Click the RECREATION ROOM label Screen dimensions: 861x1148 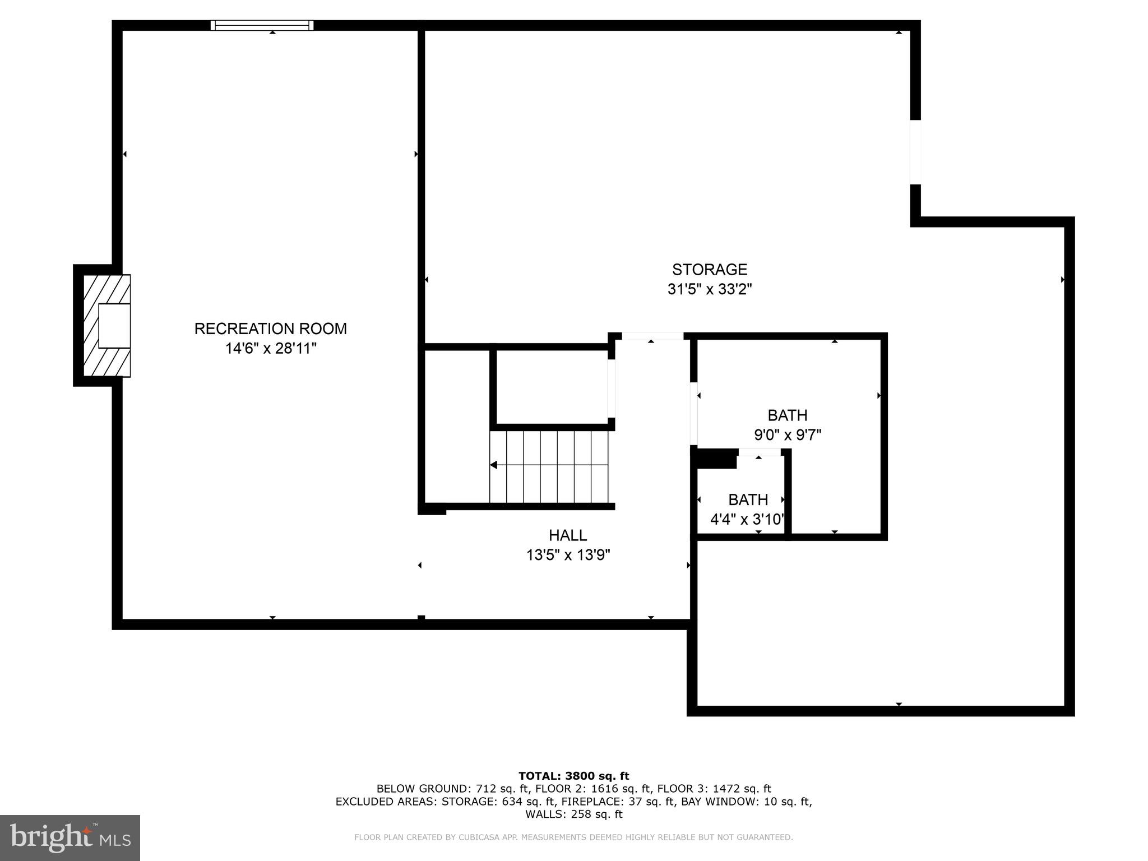[270, 328]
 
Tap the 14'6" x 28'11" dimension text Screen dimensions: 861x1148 [270, 349]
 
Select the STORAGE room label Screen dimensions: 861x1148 [709, 270]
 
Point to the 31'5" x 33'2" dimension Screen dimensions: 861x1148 [709, 290]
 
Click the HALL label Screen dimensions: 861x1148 [567, 535]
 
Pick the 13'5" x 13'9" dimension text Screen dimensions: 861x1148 [567, 556]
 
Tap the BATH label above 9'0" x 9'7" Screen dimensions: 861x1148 [787, 415]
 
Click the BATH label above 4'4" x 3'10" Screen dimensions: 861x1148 [748, 499]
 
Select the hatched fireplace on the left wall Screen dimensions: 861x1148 [107, 326]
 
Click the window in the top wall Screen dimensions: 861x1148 [262, 25]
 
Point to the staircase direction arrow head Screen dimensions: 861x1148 [494, 465]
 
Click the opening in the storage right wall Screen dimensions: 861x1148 [915, 152]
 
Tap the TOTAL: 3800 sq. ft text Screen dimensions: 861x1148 [573, 776]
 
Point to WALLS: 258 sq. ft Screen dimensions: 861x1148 [573, 814]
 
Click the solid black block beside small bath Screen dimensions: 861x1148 [716, 459]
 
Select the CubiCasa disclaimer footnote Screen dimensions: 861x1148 [573, 837]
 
